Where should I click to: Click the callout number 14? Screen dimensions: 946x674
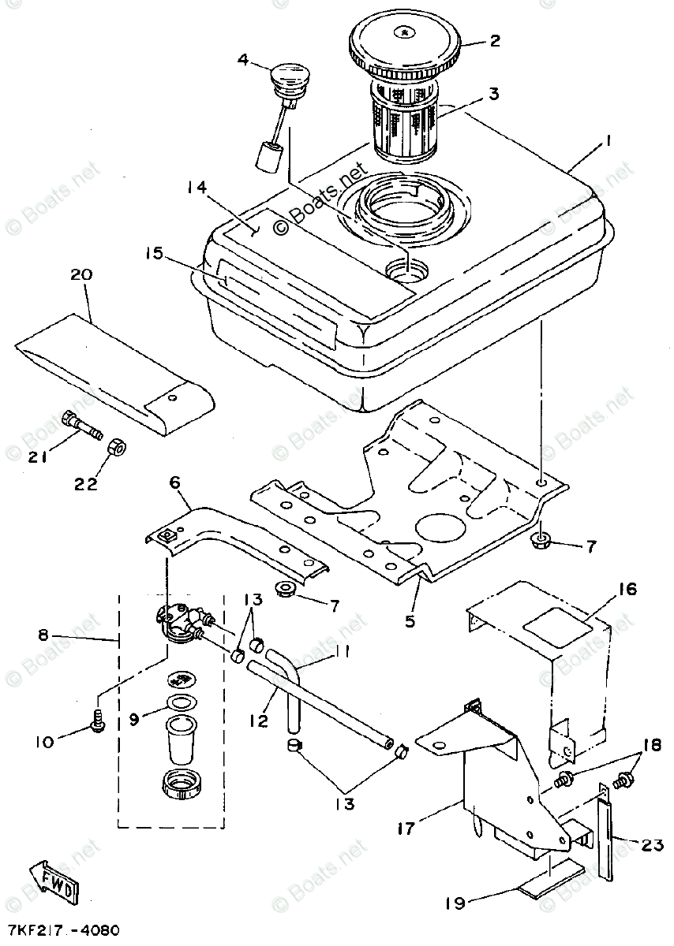(197, 187)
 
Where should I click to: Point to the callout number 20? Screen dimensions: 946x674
(81, 275)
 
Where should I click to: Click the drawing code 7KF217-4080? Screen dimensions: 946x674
(62, 931)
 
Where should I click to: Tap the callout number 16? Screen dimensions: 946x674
(627, 589)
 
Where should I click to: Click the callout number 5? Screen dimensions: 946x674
(410, 621)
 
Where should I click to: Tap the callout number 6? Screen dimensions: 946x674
(175, 482)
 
